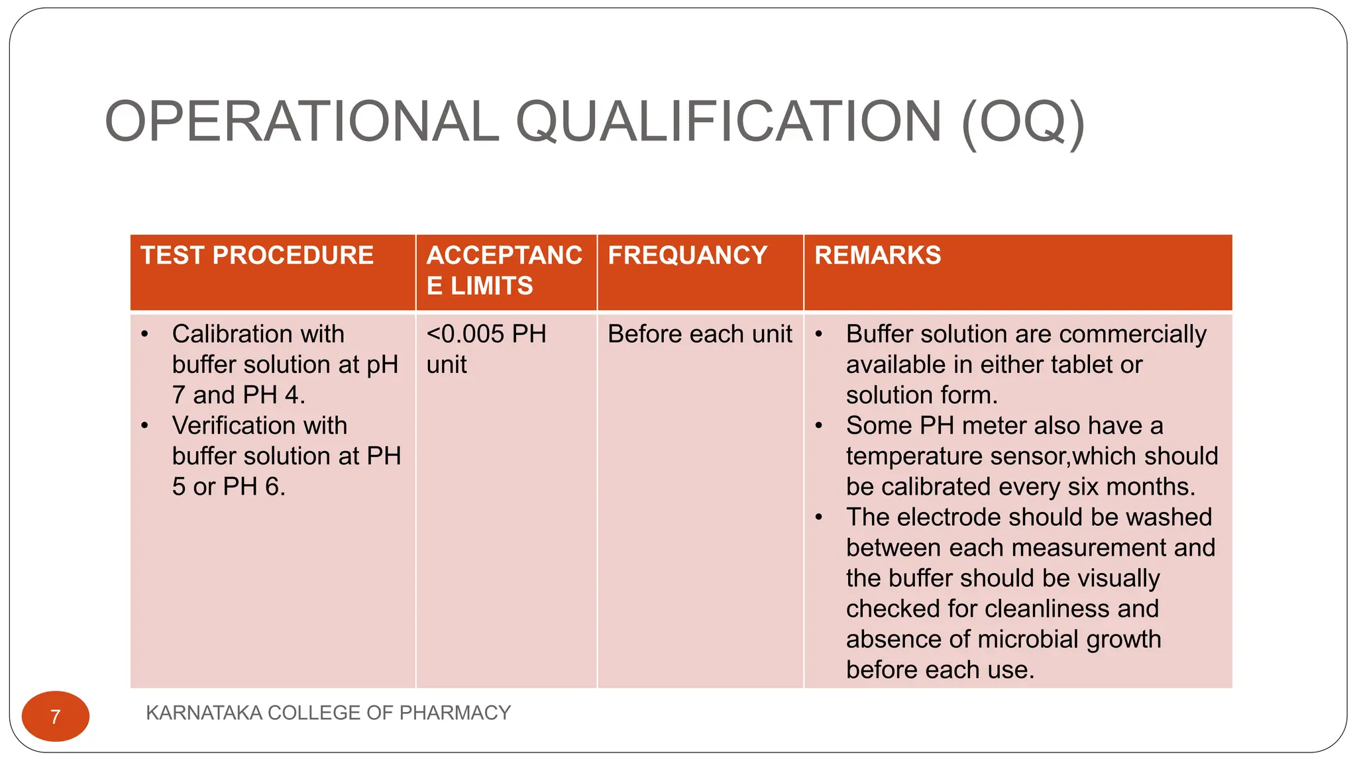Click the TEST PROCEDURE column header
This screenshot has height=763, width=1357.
click(257, 256)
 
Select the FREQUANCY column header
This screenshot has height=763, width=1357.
click(687, 256)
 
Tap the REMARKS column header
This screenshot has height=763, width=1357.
click(877, 256)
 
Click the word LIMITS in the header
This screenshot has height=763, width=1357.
click(492, 286)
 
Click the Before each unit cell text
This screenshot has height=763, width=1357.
click(700, 334)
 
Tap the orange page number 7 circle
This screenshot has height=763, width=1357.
click(56, 716)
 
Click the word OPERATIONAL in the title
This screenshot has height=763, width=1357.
click(301, 122)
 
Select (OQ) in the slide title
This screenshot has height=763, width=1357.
click(1022, 122)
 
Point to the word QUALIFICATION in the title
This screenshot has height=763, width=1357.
click(729, 122)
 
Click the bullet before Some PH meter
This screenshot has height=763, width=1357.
click(819, 426)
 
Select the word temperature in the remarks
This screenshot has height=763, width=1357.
click(914, 456)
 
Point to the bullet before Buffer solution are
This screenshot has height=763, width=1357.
click(819, 334)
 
